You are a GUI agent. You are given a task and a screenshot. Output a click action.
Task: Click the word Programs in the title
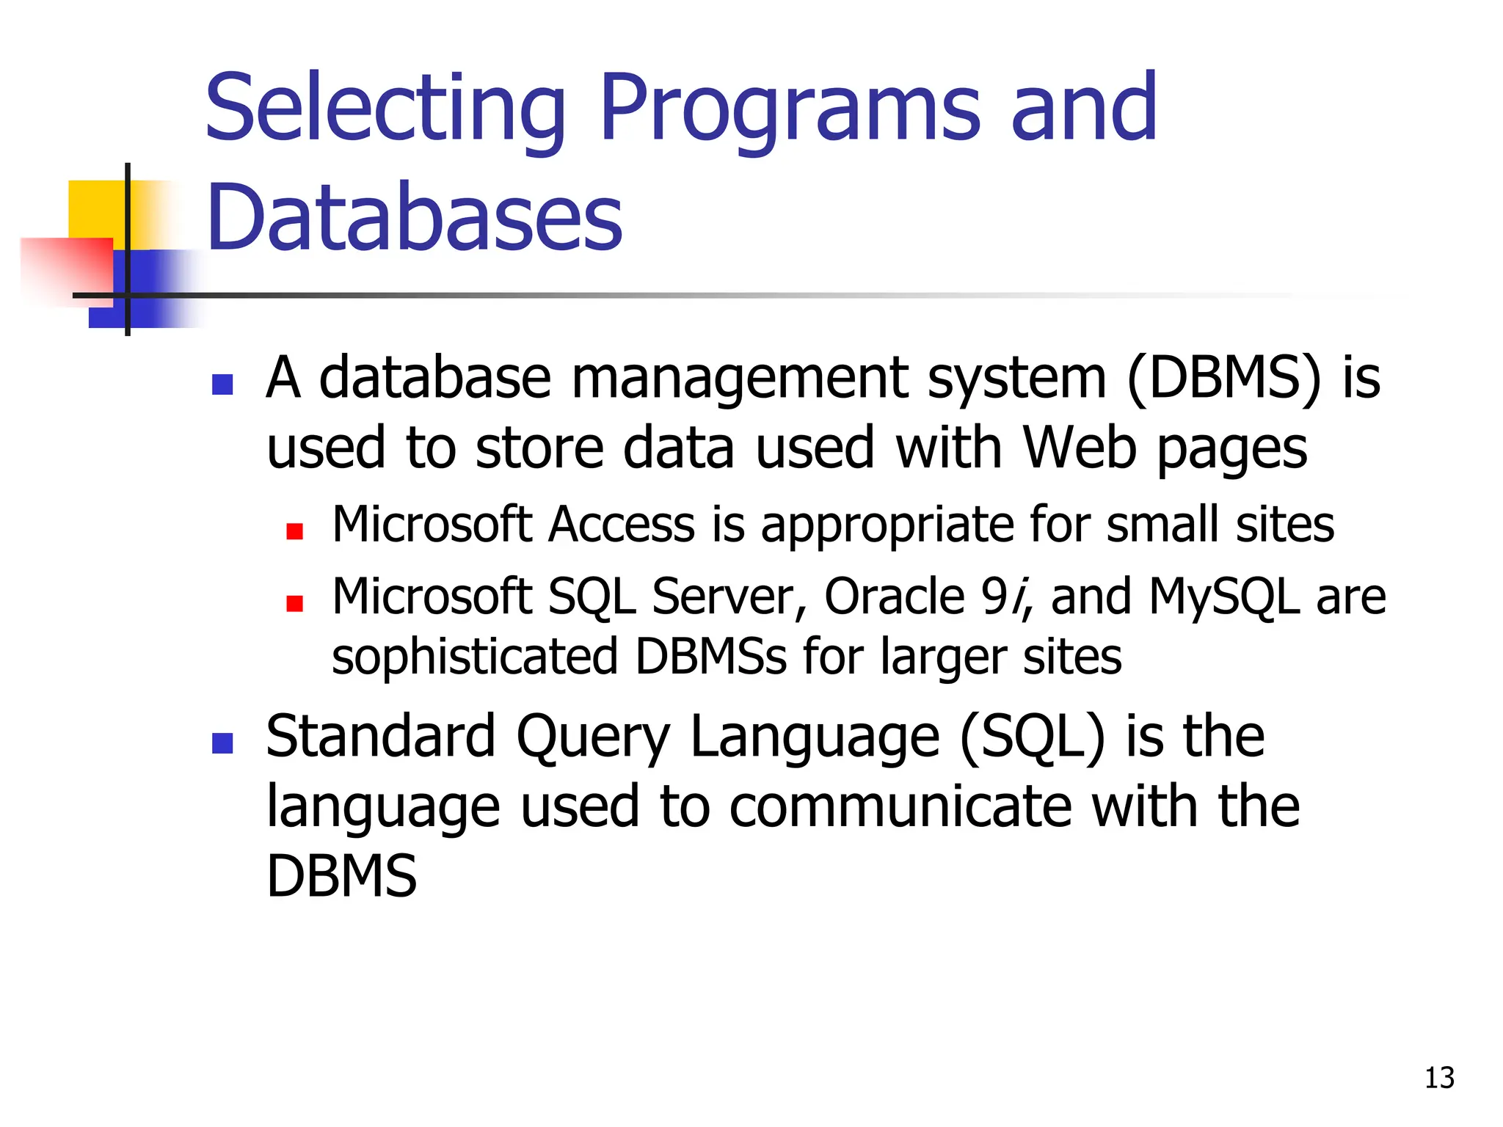(x=790, y=110)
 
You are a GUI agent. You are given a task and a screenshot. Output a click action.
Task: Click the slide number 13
(x=1438, y=1078)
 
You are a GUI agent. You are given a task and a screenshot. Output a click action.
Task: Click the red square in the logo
(x=70, y=268)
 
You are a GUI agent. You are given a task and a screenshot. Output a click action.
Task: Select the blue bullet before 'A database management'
(x=222, y=384)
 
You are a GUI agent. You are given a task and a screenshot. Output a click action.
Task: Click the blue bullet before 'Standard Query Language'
(x=222, y=743)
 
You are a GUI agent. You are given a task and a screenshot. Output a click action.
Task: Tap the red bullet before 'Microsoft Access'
(x=295, y=531)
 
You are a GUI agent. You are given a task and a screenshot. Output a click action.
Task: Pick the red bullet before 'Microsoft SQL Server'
(x=295, y=603)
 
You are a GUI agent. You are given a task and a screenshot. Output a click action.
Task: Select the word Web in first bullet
(x=1080, y=448)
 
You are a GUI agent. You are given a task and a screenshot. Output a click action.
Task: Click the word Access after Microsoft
(x=622, y=525)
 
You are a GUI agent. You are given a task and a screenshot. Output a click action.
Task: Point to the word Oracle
(x=895, y=596)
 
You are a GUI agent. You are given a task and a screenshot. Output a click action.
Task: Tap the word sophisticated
(x=475, y=656)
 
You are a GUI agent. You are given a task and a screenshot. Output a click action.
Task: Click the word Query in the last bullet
(x=593, y=737)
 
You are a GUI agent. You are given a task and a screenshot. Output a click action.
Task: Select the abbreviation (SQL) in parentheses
(x=1032, y=737)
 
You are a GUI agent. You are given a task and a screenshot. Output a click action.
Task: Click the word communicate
(x=900, y=806)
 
